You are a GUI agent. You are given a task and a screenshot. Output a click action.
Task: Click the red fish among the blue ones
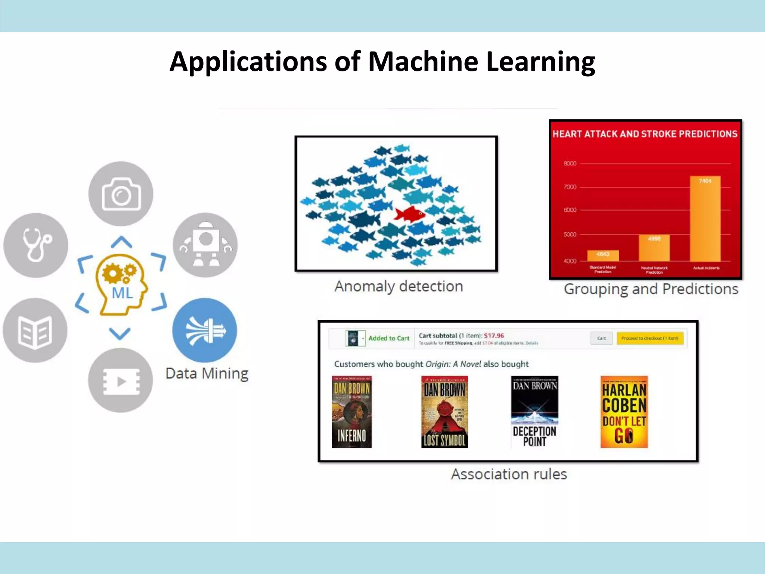click(x=409, y=214)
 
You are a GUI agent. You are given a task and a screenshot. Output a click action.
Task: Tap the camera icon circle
click(x=121, y=194)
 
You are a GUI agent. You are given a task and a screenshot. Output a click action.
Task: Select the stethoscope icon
click(x=36, y=245)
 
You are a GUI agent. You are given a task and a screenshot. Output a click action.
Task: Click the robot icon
click(x=205, y=245)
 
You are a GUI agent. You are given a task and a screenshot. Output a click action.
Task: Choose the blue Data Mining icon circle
click(x=205, y=330)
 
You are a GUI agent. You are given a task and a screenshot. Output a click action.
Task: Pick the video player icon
click(x=121, y=380)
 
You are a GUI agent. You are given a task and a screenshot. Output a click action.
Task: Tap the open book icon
click(x=35, y=330)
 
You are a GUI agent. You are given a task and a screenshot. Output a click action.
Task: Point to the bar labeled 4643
click(x=603, y=256)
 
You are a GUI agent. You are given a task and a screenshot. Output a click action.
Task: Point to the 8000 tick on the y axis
click(x=570, y=164)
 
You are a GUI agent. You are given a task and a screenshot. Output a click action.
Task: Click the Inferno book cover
click(x=351, y=412)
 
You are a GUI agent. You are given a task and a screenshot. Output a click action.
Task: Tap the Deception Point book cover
click(x=534, y=412)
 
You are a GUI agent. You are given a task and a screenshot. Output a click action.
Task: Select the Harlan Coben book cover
click(x=624, y=412)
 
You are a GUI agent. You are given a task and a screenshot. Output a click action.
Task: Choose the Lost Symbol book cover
click(x=444, y=412)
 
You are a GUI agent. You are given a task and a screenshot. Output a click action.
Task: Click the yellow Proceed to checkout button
click(x=650, y=338)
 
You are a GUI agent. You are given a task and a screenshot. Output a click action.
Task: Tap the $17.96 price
click(x=494, y=336)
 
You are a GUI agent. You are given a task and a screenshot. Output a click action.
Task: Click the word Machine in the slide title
click(x=423, y=62)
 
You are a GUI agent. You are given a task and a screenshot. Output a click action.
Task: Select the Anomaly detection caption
click(x=399, y=287)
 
